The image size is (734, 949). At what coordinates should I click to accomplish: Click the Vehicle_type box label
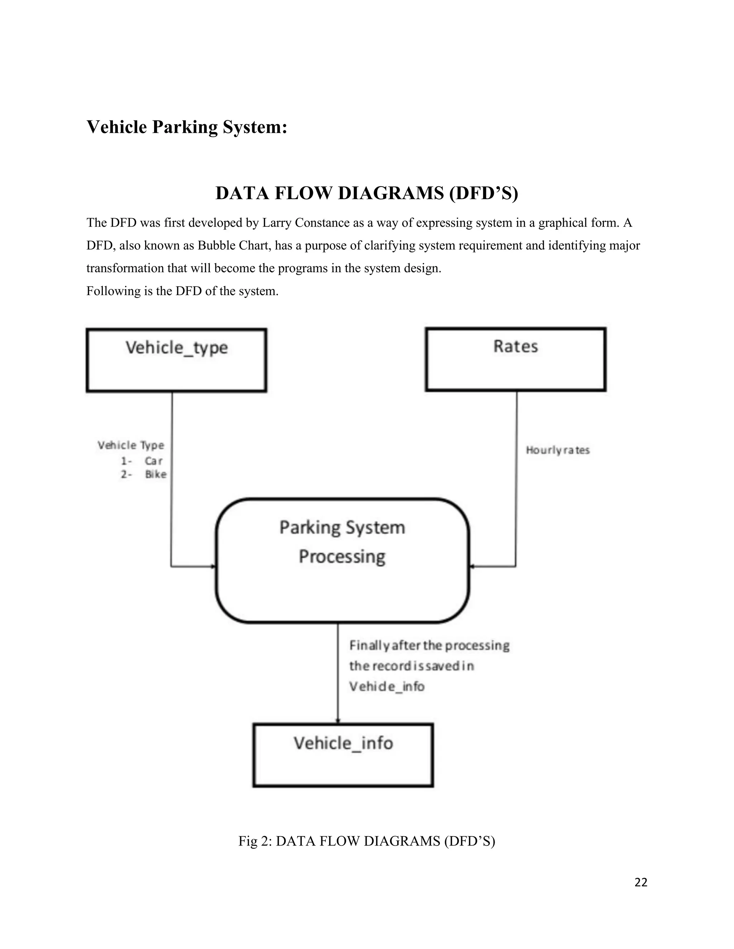click(177, 348)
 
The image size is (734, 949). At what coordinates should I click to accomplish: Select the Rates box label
click(516, 346)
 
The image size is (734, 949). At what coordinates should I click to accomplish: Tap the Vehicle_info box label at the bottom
click(343, 743)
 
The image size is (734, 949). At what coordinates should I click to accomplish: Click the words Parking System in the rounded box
click(342, 528)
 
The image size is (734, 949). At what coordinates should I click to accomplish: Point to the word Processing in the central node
click(342, 557)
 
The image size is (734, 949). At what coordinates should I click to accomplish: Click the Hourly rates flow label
click(557, 450)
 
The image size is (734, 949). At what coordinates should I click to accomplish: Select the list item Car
click(153, 461)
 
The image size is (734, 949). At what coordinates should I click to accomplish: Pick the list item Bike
click(156, 474)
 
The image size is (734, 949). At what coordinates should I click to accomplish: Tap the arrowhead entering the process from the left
click(213, 567)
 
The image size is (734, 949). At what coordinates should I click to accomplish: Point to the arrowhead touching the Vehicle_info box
click(338, 721)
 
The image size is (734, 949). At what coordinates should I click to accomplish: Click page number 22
click(641, 882)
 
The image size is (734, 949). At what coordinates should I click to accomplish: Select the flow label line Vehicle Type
click(131, 445)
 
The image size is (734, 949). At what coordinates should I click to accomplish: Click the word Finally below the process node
click(369, 646)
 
